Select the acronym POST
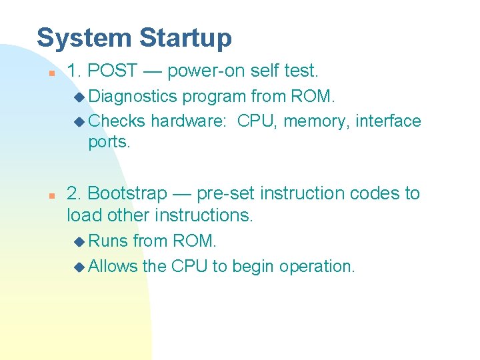(x=113, y=71)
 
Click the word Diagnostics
(x=133, y=97)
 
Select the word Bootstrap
(x=127, y=193)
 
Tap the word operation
(x=317, y=267)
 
